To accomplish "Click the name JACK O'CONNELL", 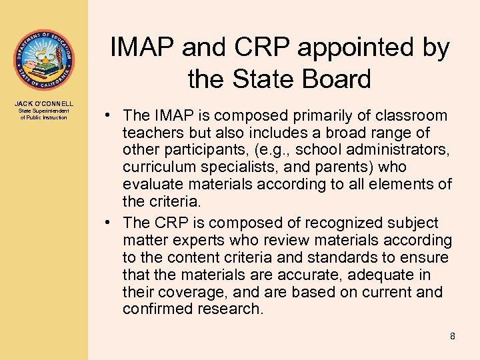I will tap(44, 103).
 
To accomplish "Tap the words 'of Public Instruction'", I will tap(44, 117).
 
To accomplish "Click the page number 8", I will tap(453, 336).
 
